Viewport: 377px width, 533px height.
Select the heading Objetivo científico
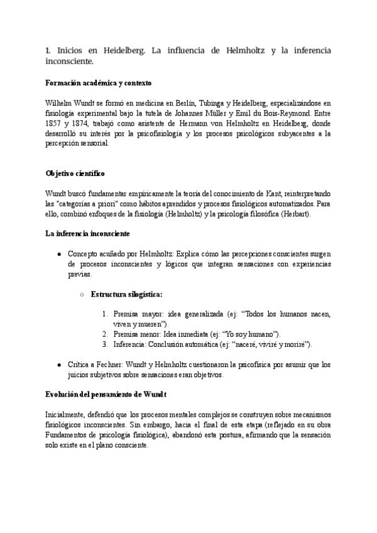[75, 172]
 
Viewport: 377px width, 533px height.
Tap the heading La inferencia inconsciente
[87, 234]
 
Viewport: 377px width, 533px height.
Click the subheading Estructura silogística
[127, 294]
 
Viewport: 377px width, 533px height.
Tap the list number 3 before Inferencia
[104, 344]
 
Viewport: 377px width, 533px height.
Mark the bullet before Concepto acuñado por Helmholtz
[58, 254]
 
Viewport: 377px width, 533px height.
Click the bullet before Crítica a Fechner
[58, 365]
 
